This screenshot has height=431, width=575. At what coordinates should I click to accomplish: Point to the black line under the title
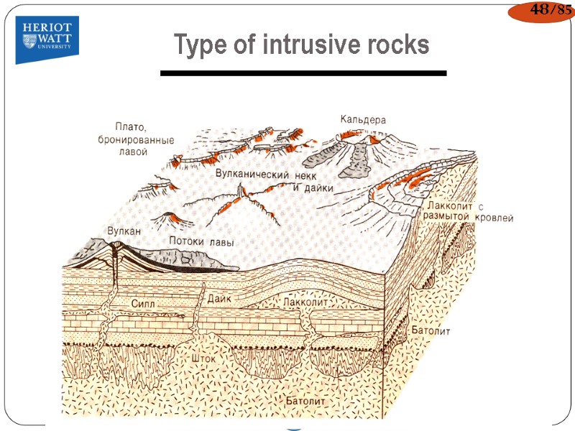pos(303,73)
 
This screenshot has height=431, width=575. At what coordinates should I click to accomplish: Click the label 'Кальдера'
pos(363,120)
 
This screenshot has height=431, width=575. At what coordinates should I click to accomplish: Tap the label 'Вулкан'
pos(124,231)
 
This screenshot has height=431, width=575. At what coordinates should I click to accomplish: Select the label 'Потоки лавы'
pos(201,242)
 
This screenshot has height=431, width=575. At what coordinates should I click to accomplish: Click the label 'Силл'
pos(143,304)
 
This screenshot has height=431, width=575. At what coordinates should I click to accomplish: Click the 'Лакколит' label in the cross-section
pos(306,304)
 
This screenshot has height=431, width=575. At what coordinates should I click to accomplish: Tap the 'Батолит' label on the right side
pos(431,332)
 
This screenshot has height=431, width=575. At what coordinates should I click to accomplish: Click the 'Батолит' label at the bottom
pos(306,401)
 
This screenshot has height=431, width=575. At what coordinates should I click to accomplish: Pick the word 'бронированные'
pos(136,139)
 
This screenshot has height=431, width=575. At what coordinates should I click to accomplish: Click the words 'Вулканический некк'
pos(266,175)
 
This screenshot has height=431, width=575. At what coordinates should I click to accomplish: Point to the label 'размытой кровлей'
pos(468,217)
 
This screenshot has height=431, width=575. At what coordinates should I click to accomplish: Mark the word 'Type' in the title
pos(197,45)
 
